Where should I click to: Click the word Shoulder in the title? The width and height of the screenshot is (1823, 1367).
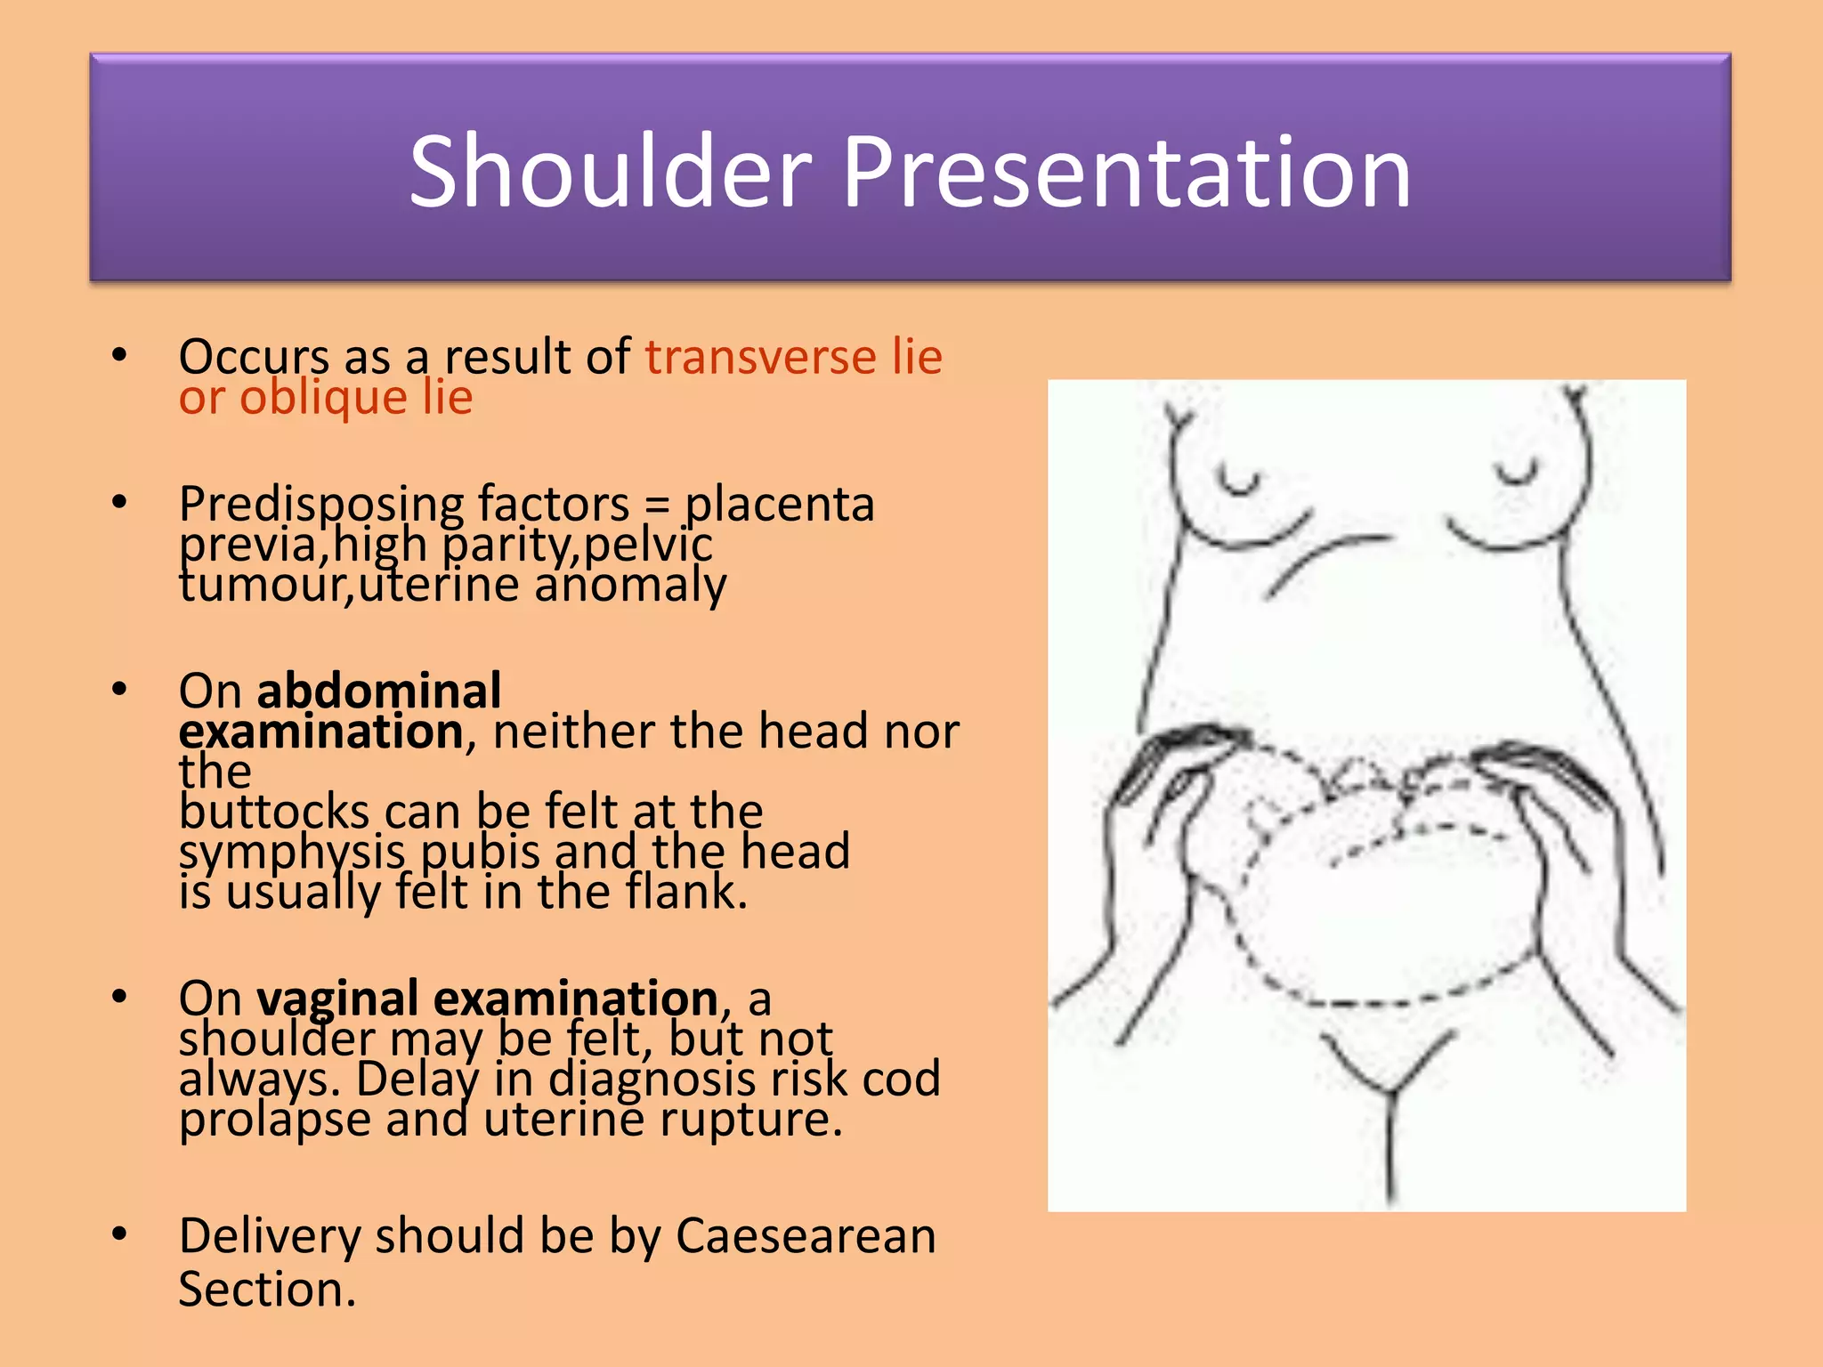click(x=611, y=172)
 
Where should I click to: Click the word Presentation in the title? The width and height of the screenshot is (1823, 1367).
click(x=1126, y=172)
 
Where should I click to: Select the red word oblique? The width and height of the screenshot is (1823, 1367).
click(x=323, y=397)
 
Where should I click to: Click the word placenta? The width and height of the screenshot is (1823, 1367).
click(x=779, y=505)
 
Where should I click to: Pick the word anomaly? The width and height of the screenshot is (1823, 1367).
click(x=630, y=586)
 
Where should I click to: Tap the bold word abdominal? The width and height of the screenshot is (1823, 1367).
click(x=379, y=691)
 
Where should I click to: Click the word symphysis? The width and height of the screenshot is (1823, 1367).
click(x=291, y=853)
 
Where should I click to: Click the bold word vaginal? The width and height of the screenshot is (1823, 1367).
click(x=337, y=999)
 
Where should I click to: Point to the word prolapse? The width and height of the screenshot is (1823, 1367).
click(x=274, y=1120)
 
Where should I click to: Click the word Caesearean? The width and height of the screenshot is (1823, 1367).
click(x=806, y=1236)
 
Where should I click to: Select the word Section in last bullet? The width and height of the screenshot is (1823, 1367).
click(x=266, y=1290)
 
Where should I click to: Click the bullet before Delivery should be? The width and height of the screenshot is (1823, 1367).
click(x=119, y=1234)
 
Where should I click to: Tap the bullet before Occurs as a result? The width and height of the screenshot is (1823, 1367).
click(x=119, y=355)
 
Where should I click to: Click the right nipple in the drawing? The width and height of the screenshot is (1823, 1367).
click(x=1517, y=472)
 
